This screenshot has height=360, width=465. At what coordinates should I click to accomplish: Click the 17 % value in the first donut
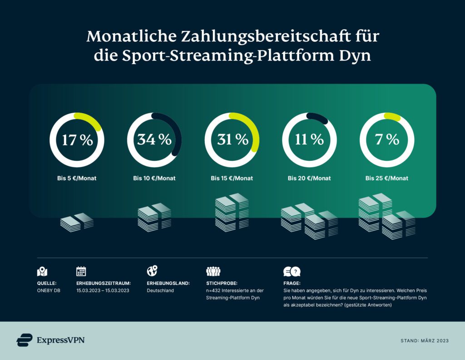[77, 140]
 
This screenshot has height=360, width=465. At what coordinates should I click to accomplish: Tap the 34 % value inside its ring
[154, 140]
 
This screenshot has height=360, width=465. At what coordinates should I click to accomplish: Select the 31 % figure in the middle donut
[232, 140]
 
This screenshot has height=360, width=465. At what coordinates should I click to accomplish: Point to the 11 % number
[309, 140]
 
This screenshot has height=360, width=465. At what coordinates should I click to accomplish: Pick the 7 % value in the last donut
[386, 140]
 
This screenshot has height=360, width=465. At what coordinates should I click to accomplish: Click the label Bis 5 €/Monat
[77, 178]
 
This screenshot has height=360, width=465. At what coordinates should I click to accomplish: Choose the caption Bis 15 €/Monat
[232, 178]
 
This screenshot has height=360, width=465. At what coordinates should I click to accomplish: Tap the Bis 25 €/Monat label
[386, 178]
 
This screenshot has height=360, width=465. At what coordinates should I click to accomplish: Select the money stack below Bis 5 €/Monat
[77, 221]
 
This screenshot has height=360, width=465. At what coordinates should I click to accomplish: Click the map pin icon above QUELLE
[42, 271]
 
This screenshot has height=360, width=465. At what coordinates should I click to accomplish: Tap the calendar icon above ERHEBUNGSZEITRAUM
[81, 271]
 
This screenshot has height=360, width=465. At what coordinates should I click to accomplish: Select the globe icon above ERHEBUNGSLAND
[152, 271]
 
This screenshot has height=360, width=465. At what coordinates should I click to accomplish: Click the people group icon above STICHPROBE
[213, 272]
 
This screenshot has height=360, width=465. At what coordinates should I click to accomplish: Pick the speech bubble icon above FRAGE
[292, 272]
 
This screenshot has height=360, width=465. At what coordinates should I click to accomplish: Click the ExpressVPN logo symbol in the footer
[25, 340]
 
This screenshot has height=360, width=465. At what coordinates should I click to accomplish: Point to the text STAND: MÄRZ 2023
[424, 340]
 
